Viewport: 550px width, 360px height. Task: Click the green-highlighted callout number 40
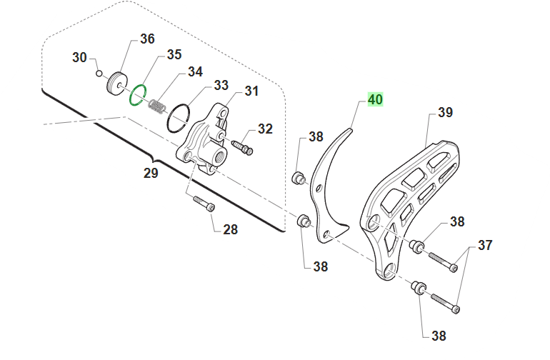pos(375,99)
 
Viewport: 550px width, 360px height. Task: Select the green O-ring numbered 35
pos(138,94)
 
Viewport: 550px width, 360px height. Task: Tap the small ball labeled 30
pos(99,74)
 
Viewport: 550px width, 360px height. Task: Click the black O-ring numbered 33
pos(178,118)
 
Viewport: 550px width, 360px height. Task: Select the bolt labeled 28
pos(204,204)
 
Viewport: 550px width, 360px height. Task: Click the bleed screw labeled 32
pos(242,147)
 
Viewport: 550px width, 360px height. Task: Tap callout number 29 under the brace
pos(151,173)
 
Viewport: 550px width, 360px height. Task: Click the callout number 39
pos(446,112)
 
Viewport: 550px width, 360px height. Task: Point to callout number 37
pos(485,245)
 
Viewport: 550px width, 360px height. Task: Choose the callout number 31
pos(251,91)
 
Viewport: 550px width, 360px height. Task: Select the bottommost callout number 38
pos(439,336)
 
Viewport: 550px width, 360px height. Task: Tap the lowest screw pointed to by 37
pos(445,304)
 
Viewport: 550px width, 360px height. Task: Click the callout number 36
pos(147,39)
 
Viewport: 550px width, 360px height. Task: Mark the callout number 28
pos(231,229)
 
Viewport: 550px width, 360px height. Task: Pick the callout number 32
pos(265,129)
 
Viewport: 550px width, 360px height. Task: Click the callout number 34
pos(196,71)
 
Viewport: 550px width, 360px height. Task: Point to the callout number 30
pos(79,57)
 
